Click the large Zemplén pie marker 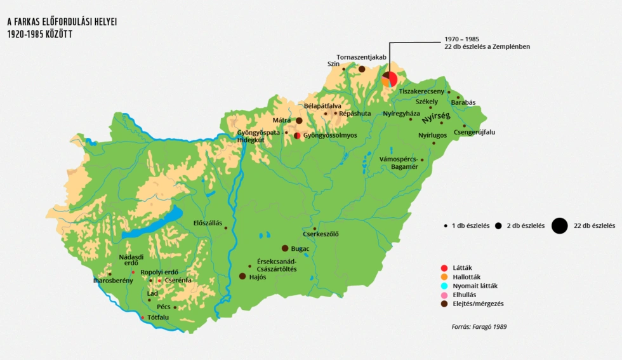tap(389, 79)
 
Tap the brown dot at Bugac tap(285, 248)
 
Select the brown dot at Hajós tap(242, 276)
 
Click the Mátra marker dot tap(299, 121)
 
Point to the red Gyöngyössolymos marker tap(297, 135)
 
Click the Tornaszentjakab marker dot tap(362, 69)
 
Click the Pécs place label tap(164, 307)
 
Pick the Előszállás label tap(208, 223)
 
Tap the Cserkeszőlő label tap(321, 234)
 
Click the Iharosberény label tap(113, 280)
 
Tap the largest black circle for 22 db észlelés tap(559, 225)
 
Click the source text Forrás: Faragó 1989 tap(479, 326)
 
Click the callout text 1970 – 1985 tap(461, 39)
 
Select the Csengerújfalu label tap(474, 132)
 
